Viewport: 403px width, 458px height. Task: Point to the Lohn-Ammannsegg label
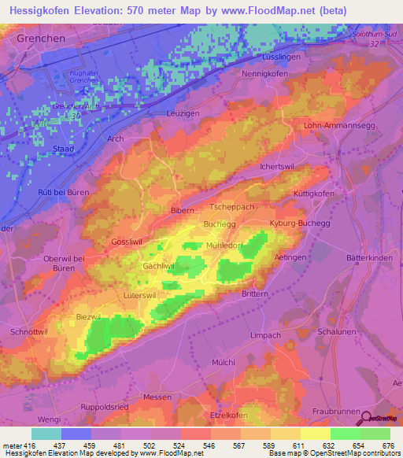tap(338, 126)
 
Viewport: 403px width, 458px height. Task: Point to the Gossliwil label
tap(129, 242)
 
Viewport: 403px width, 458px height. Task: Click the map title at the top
tap(201, 11)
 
